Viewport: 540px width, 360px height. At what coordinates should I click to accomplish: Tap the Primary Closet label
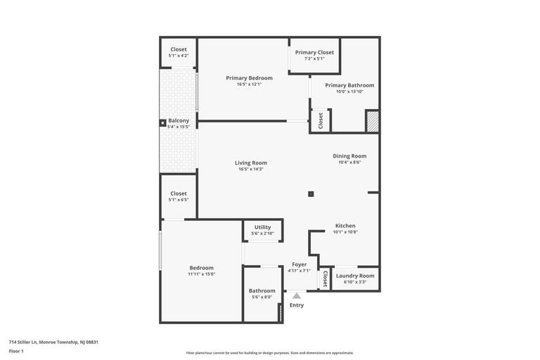coord(314,52)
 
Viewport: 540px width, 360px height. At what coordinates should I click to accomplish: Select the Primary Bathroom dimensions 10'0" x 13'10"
coord(349,91)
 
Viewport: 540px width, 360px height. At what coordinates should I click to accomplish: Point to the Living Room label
coord(251,162)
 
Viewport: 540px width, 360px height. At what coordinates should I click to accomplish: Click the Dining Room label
coord(349,156)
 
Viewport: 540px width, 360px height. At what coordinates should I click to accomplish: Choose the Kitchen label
coord(345,226)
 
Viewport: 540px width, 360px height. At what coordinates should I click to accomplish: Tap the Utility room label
coord(262,227)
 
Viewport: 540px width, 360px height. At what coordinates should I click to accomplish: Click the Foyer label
coord(300,264)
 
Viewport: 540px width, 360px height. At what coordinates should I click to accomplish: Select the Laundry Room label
coord(355,276)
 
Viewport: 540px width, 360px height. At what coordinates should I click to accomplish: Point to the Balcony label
coord(179,120)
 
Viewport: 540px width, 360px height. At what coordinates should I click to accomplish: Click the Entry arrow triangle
coord(297,296)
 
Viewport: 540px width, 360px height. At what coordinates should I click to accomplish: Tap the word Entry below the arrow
coord(297,305)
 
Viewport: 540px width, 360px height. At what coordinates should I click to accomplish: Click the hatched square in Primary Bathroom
coord(372,122)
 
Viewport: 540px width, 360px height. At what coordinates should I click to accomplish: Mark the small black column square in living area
coord(311,194)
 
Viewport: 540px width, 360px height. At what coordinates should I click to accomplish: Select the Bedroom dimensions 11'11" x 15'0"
coord(201,274)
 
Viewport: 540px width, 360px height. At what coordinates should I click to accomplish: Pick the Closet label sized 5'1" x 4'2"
coord(179,49)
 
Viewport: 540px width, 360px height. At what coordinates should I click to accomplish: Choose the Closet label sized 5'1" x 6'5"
coord(179,193)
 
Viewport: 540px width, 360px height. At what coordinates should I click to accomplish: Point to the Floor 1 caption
coord(16,351)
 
